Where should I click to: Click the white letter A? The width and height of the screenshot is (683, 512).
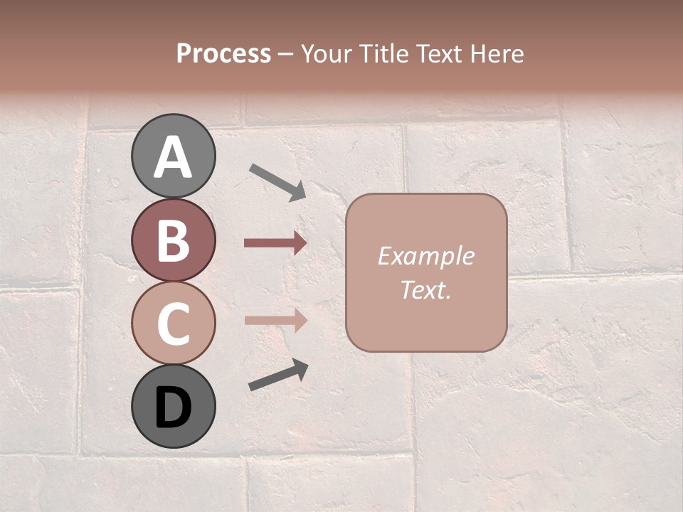click(173, 158)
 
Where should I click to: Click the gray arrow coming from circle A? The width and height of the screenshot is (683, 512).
click(277, 181)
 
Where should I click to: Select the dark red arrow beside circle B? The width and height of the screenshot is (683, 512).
click(275, 243)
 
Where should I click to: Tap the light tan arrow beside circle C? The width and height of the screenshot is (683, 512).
click(275, 320)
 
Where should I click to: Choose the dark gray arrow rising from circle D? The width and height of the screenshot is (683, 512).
click(278, 375)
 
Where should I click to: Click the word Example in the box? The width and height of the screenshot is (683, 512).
click(425, 257)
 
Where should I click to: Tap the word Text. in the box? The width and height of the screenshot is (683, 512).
click(425, 290)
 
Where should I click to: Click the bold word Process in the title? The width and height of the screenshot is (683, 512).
click(223, 54)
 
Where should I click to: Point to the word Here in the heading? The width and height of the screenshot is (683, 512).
click(496, 54)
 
